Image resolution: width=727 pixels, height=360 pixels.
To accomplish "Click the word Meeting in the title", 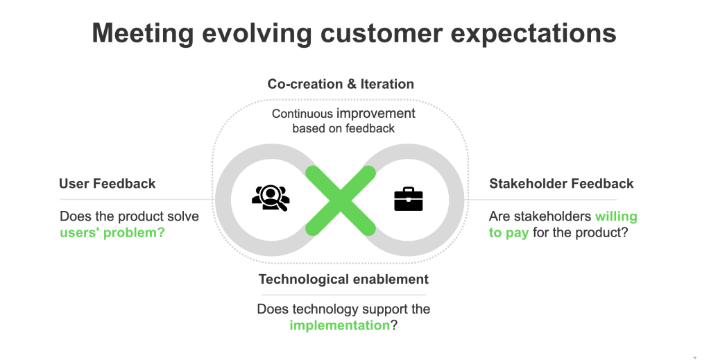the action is [x=143, y=33].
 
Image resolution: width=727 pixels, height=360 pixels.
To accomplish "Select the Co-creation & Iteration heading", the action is [x=341, y=84].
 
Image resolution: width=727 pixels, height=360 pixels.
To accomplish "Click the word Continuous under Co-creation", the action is [x=302, y=114].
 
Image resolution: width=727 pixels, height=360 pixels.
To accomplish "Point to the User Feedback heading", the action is [x=107, y=184].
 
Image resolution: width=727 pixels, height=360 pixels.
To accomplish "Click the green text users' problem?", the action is [x=112, y=232].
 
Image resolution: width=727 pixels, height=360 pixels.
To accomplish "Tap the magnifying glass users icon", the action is [x=271, y=198].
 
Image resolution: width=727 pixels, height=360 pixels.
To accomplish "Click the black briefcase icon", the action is [x=409, y=199].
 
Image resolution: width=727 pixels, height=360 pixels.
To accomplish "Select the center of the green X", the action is [x=341, y=200].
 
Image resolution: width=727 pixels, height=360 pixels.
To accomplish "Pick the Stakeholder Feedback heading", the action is [x=561, y=184].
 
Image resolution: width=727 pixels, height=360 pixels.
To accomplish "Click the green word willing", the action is [x=616, y=216].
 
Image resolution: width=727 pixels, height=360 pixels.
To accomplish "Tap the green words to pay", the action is [x=508, y=232].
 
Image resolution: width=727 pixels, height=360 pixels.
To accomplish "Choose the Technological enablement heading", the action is [x=343, y=280].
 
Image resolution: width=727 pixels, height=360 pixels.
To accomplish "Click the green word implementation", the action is [x=339, y=325].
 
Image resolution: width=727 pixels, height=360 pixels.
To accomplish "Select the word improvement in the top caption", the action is [x=376, y=114].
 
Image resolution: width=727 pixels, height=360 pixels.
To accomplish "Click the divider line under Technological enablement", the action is [x=343, y=295].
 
